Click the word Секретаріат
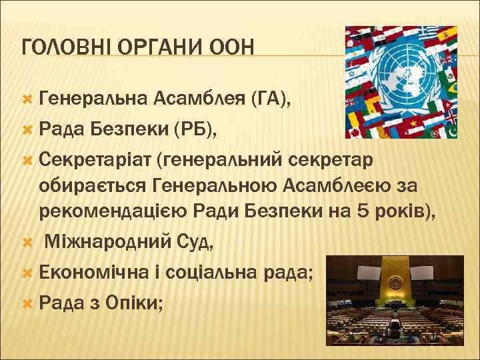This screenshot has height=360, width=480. click(x=95, y=160)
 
